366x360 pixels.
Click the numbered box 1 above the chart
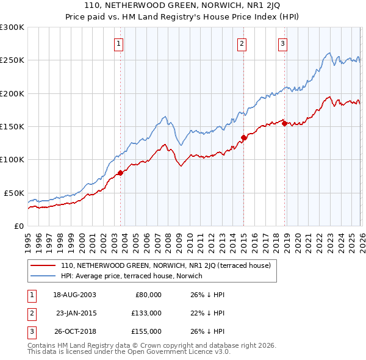118,43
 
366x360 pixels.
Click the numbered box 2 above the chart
242,43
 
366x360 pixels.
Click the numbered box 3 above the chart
283,43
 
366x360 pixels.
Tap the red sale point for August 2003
120,173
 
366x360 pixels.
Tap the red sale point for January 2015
243,137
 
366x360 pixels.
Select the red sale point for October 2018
284,123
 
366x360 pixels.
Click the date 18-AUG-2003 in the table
74,295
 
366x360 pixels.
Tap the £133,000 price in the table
146,313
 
